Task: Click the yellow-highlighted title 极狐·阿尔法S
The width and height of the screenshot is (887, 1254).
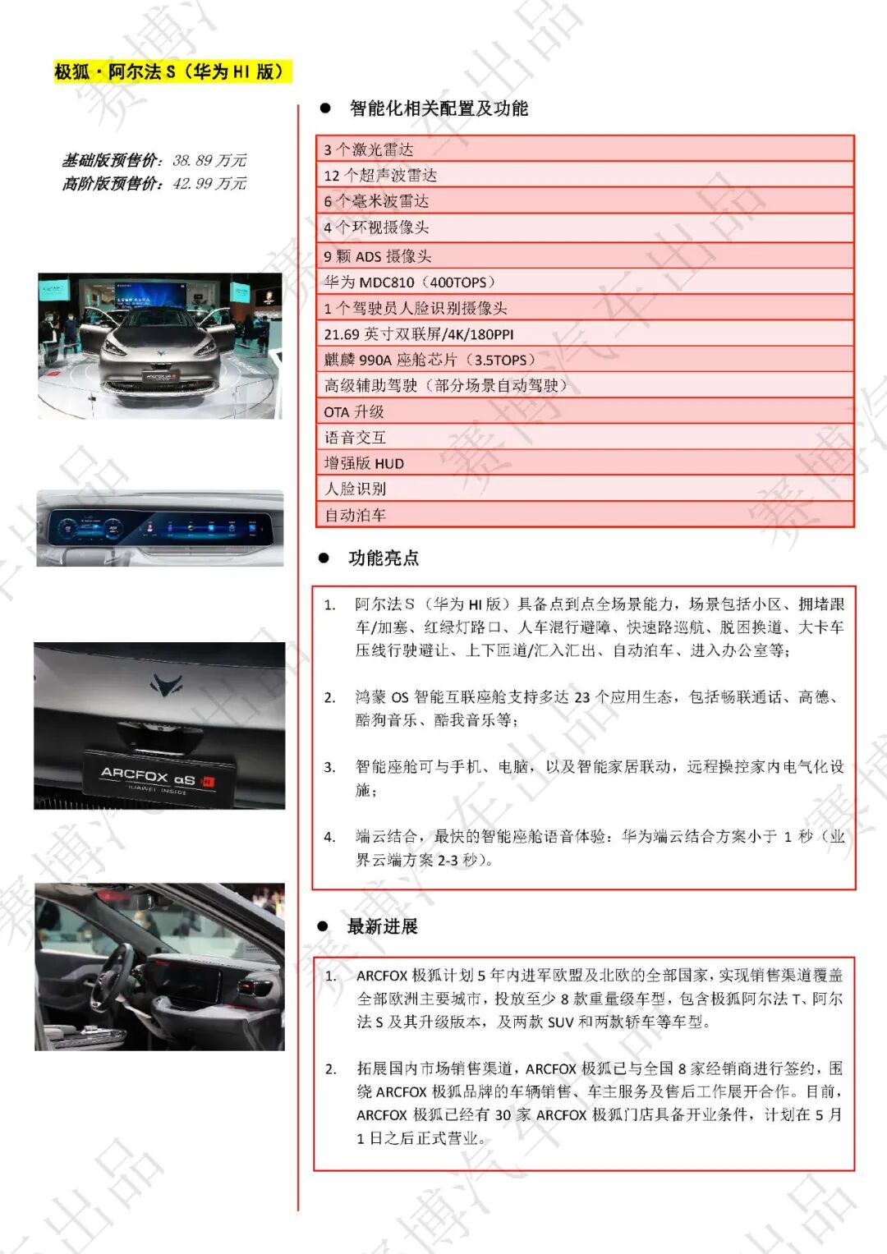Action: pyautogui.click(x=172, y=71)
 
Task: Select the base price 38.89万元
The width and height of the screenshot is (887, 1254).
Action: pyautogui.click(x=209, y=160)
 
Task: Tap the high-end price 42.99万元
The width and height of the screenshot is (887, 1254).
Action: pyautogui.click(x=209, y=183)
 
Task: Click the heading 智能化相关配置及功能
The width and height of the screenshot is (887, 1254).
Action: pyautogui.click(x=438, y=108)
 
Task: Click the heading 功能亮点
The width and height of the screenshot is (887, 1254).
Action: pyautogui.click(x=384, y=558)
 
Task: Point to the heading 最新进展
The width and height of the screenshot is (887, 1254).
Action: pyautogui.click(x=383, y=926)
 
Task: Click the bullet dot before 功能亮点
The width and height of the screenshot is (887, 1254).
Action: pyautogui.click(x=324, y=558)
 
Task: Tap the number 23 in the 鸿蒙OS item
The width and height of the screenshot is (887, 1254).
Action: pyautogui.click(x=582, y=697)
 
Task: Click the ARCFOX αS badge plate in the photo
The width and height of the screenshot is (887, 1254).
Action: pyautogui.click(x=159, y=777)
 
